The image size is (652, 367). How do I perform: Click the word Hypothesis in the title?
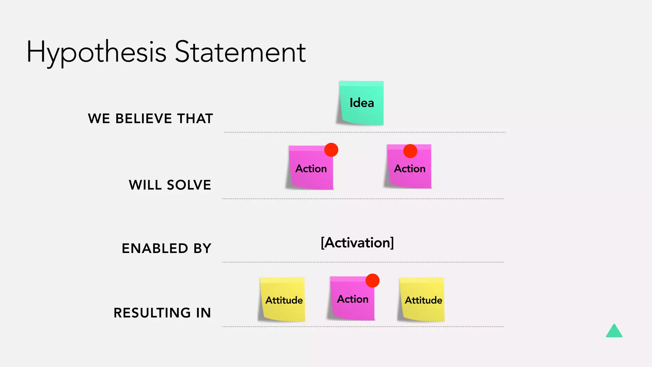[x=96, y=52]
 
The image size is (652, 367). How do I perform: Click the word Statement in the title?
[x=240, y=52]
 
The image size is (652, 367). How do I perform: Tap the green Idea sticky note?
[x=362, y=103]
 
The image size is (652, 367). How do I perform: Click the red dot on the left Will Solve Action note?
[x=331, y=150]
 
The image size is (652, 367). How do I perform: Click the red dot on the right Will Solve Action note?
[x=410, y=151]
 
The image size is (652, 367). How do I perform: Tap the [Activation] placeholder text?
[x=357, y=243]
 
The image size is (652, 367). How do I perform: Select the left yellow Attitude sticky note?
[x=283, y=300]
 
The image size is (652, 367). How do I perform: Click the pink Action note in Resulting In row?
[x=352, y=299]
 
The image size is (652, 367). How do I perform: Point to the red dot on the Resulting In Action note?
[x=372, y=281]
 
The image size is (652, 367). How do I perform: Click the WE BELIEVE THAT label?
[x=150, y=119]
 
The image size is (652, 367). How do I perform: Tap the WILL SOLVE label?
[x=170, y=185]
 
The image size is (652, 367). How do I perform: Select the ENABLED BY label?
[x=167, y=248]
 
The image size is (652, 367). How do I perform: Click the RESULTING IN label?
[x=162, y=313]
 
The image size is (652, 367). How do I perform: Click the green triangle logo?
[x=614, y=332]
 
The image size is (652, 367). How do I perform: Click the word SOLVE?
[x=189, y=185]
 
